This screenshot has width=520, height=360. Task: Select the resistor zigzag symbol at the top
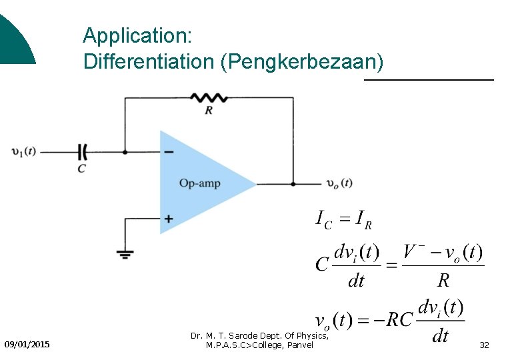209,98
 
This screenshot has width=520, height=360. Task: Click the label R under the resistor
209,110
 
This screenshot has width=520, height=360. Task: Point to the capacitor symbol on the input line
83,152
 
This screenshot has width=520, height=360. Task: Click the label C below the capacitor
81,169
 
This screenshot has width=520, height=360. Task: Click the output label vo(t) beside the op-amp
339,183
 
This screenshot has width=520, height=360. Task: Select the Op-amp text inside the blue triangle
199,183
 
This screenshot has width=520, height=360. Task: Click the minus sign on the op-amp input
169,152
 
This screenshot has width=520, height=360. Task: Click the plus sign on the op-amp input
169,218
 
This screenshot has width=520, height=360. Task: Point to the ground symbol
125,254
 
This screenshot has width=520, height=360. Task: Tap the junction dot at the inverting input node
125,152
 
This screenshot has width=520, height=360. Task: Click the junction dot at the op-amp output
293,183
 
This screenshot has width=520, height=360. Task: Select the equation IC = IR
343,218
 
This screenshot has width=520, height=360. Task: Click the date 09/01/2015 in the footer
27,344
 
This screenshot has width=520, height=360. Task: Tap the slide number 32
484,345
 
